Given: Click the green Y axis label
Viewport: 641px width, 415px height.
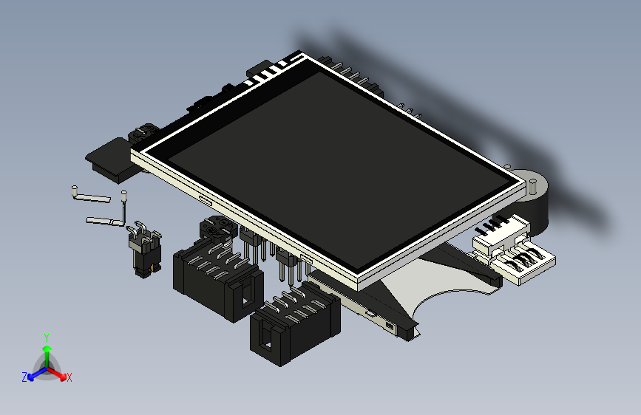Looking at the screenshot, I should pos(47,337).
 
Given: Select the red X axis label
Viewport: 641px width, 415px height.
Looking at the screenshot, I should pos(69,377).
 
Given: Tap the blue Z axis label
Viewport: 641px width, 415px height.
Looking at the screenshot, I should pos(24,377).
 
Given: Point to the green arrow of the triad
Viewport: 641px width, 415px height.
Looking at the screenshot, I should pos(47,351).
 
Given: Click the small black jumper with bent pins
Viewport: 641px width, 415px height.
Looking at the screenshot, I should pos(145,252).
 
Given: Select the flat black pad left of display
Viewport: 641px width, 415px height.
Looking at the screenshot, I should pos(111,159).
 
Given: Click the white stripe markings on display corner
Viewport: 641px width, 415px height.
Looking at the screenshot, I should pos(268,72).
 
